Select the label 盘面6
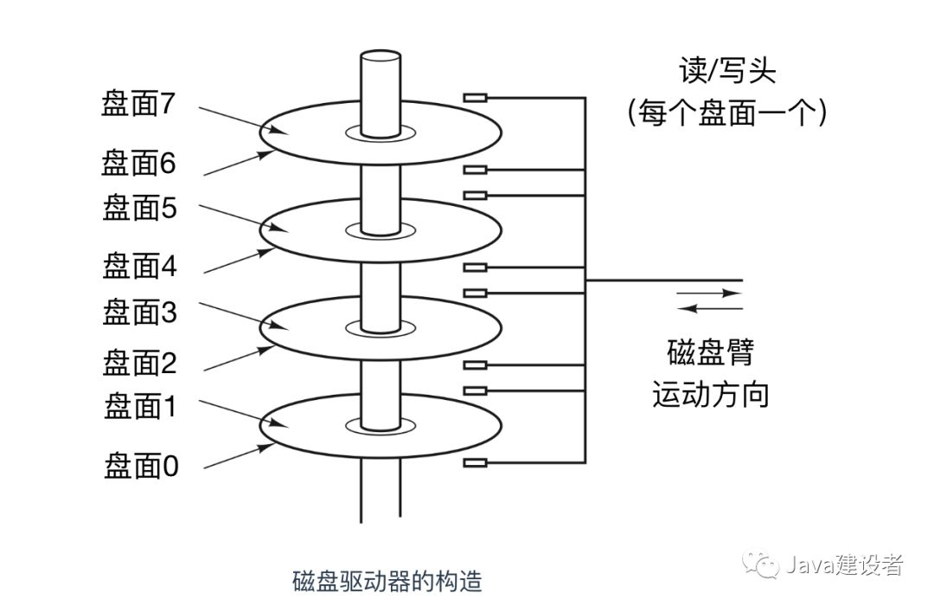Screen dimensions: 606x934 coord(138,162)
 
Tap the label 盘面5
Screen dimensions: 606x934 coord(138,209)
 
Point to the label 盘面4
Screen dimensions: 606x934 coord(138,266)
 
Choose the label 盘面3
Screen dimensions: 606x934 coord(138,313)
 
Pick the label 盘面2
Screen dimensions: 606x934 coord(138,363)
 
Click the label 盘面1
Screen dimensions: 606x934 coord(138,406)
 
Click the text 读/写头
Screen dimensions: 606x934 coord(727,71)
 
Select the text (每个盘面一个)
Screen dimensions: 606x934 coord(726,113)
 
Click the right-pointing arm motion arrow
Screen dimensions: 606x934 coord(709,293)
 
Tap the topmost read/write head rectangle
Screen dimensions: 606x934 coord(476,98)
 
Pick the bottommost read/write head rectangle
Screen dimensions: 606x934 coord(476,463)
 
